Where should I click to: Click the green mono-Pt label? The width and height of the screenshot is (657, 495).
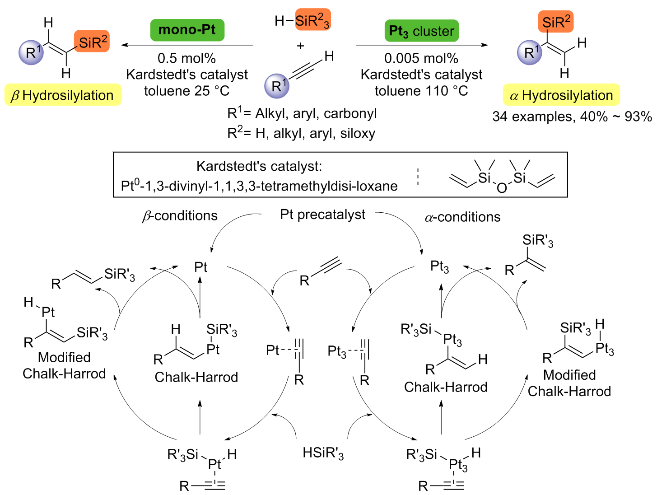187,30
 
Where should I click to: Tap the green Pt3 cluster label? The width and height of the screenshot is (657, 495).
421,31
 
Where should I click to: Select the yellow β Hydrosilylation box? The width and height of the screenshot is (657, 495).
63,95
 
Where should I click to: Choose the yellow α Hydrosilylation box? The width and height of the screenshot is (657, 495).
561,95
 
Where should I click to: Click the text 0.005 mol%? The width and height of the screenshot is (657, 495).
421,58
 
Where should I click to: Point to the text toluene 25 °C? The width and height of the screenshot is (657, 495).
186,91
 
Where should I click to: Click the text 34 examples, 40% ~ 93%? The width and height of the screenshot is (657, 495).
572,117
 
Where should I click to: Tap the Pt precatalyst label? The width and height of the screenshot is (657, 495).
322,215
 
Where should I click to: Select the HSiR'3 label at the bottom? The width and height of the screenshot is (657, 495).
323,453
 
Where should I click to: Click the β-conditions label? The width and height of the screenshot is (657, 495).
180,216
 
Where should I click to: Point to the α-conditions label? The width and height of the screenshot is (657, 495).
462,217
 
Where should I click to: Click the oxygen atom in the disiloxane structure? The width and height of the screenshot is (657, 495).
502,188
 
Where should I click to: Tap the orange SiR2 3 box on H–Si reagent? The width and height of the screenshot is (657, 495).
312,20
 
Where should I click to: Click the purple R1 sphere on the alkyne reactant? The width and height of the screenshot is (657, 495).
277,86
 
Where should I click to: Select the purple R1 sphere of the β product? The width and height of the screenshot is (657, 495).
31,52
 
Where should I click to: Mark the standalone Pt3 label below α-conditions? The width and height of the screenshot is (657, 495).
439,267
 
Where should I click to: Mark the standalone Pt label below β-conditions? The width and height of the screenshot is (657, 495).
200,267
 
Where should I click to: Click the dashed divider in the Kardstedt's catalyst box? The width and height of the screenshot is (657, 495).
418,177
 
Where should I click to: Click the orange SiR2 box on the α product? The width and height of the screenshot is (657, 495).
555,22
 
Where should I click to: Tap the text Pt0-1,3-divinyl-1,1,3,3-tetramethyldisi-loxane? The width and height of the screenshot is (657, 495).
259,186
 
